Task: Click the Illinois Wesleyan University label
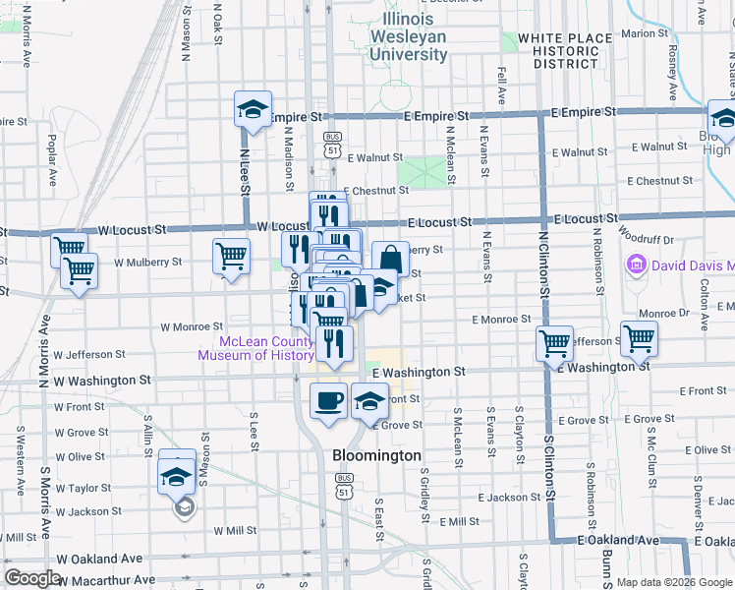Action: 408,37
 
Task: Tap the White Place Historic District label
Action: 565,51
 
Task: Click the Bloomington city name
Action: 376,456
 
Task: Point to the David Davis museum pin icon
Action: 636,265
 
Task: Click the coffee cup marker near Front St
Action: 328,399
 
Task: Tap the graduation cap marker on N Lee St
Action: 253,108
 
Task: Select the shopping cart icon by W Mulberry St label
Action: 231,256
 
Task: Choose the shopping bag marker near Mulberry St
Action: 390,259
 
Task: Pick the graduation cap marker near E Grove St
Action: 369,401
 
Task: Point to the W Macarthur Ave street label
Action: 105,580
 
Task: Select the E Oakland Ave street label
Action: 618,541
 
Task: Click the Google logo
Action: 32,578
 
